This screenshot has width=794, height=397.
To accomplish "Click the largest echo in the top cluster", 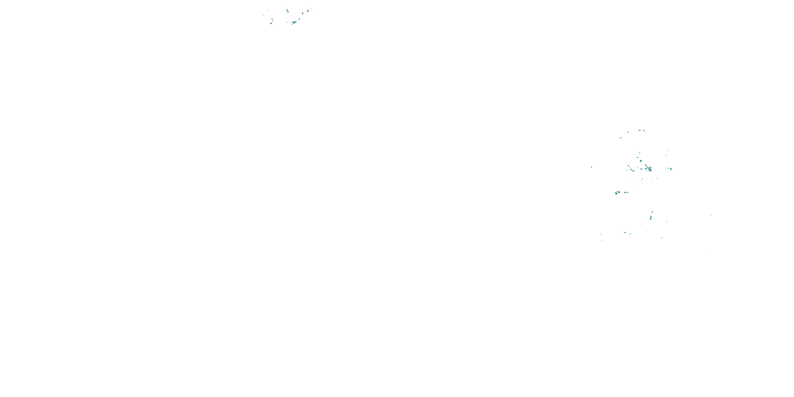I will click(x=294, y=22).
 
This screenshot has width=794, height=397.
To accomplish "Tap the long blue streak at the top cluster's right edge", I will click(x=308, y=11).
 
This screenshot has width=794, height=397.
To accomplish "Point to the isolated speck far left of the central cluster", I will click(x=592, y=167).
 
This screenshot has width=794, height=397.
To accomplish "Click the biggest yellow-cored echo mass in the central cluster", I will click(x=649, y=169).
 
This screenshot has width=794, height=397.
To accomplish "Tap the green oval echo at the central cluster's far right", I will click(x=671, y=169).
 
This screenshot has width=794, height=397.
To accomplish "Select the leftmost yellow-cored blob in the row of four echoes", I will click(x=617, y=193).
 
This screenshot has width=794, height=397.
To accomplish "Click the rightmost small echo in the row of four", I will click(x=628, y=192).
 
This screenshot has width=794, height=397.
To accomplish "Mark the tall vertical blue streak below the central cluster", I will click(x=651, y=216).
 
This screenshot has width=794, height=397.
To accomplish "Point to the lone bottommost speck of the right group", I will click(x=707, y=255).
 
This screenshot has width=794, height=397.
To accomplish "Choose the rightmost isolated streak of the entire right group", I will click(x=711, y=215).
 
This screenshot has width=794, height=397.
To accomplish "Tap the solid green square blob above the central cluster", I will click(x=637, y=157).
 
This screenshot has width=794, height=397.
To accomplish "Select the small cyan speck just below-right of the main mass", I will click(x=657, y=178).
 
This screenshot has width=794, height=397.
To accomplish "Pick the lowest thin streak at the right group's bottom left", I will click(x=602, y=240).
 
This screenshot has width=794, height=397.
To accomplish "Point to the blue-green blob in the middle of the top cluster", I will click(x=287, y=11).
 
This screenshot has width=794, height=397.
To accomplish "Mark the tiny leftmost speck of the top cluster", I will click(x=264, y=15).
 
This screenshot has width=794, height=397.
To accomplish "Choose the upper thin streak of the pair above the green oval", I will click(x=668, y=151).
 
